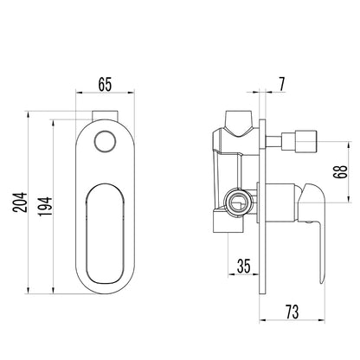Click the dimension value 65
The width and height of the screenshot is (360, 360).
105,84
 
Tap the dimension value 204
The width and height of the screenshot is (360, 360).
20,202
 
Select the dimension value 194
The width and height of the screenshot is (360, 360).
45,206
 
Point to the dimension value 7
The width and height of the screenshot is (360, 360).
281,84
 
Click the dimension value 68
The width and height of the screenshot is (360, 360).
342,172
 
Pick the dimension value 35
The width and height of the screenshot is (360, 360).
244,266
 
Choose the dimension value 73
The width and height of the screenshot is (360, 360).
292,312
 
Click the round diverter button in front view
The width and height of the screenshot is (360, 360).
105,141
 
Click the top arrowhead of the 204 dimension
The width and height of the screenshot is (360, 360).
28,115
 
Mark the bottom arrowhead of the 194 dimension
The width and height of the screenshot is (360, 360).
53,290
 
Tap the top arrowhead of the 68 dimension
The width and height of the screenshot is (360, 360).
349,145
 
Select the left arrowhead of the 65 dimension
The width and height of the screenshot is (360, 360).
80,93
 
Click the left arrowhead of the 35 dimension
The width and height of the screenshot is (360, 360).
232,274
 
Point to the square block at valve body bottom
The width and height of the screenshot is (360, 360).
228,222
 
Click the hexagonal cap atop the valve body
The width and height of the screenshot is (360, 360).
239,122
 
